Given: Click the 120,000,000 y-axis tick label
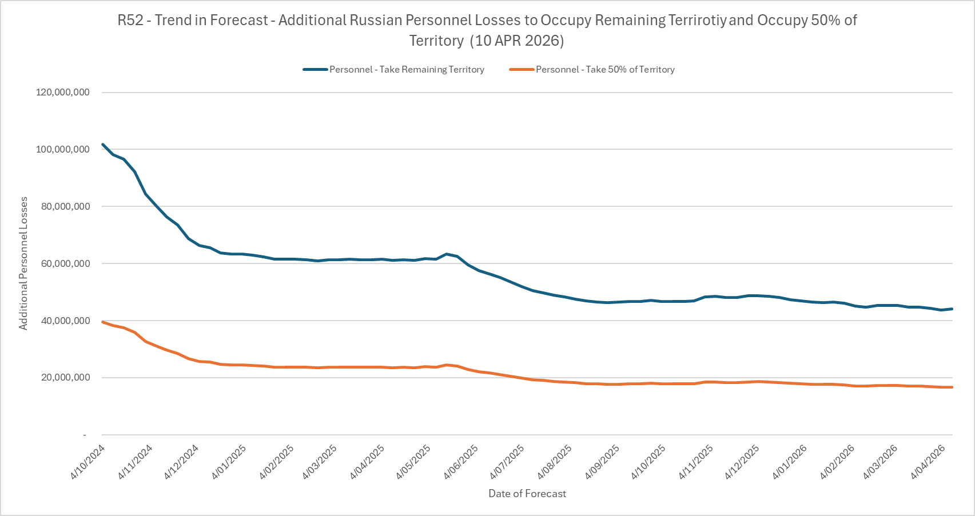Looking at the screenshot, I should [x=63, y=93].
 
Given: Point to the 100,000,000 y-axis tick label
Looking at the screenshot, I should [x=63, y=150].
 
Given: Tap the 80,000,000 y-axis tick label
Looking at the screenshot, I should [x=66, y=207].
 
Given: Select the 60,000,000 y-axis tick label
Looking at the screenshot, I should [x=66, y=264].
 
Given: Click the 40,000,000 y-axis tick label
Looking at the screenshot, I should [x=66, y=321].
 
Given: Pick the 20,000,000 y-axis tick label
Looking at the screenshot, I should [x=66, y=378].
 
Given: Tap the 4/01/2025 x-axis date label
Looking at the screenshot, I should [x=229, y=461].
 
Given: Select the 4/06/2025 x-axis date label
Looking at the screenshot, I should [x=461, y=461].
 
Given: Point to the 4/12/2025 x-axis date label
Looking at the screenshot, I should [x=742, y=461].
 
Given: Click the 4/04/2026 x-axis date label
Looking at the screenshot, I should [x=928, y=461].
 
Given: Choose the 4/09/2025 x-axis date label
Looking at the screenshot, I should [x=603, y=461].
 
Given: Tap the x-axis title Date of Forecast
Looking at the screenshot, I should [x=527, y=494].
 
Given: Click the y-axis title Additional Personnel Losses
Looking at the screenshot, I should [x=23, y=263].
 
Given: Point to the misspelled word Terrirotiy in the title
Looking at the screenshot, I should [x=698, y=21].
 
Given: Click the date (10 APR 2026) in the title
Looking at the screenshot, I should [x=519, y=41].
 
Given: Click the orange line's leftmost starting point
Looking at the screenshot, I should [x=103, y=322].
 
